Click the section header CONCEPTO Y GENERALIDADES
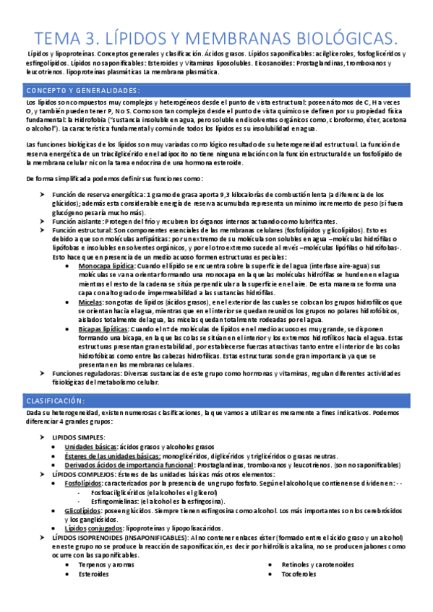(x=82, y=90)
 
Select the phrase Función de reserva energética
(x=98, y=196)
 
